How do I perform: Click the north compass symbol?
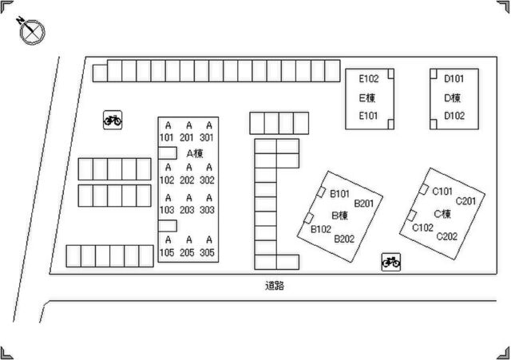coord(32,32)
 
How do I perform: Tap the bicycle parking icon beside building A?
coord(113,121)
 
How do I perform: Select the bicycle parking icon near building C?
coord(391,262)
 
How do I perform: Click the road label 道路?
coord(275,286)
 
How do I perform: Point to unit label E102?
coord(369,78)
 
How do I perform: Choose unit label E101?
coord(368,116)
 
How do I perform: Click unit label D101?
coord(454,78)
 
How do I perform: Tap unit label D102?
coord(454,116)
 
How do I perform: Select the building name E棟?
coord(367,97)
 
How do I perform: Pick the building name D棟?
coord(453,97)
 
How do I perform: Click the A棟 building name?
coord(195,153)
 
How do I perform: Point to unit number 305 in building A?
coord(208,252)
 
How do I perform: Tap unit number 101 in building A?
coord(167,137)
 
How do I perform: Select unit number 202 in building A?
coord(187,180)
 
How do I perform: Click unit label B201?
coord(364,204)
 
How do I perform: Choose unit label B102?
coord(321,229)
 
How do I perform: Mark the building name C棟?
coord(442,214)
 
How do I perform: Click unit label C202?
coord(447,236)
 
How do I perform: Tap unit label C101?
coord(442,192)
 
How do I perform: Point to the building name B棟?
coord(340,215)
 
